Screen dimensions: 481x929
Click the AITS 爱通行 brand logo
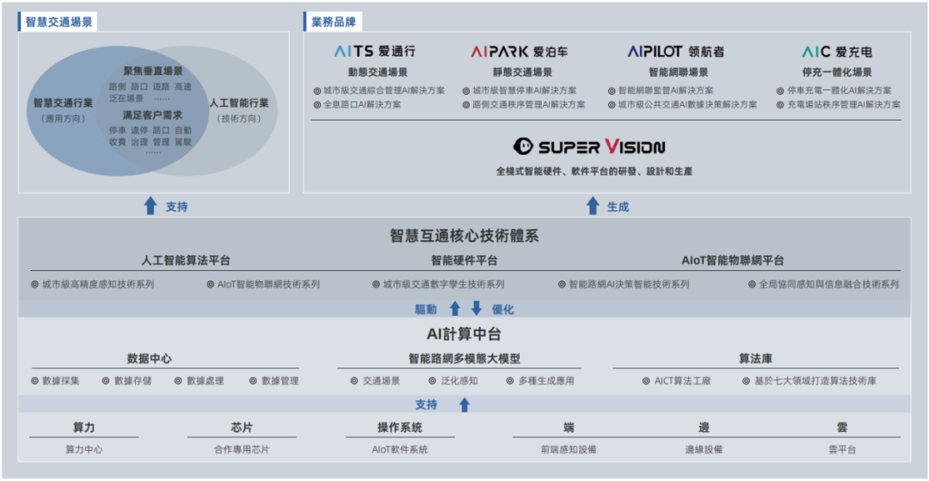coord(374,52)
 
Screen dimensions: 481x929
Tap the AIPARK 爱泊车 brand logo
coord(519,52)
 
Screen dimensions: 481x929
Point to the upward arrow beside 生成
coord(593,207)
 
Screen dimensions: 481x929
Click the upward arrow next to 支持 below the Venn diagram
coord(151,207)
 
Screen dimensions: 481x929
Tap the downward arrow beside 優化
coord(476,309)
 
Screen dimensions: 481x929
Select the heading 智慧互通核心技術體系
coord(464,236)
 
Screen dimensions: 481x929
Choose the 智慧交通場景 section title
coord(58,22)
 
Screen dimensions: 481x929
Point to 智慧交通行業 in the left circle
coord(64,103)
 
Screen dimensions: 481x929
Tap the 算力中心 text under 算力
coord(83,449)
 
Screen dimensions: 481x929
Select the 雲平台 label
coord(841,449)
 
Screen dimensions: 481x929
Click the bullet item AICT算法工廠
coord(682,380)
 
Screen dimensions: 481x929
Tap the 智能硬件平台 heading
coord(464,260)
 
